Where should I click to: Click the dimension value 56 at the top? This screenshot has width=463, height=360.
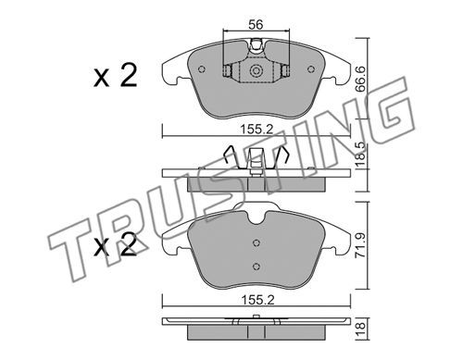(256, 24)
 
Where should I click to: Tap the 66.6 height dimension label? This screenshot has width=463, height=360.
(360, 79)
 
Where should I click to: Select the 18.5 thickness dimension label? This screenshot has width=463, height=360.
(360, 155)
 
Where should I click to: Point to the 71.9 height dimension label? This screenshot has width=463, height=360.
(360, 245)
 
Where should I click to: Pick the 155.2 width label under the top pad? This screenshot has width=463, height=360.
(257, 130)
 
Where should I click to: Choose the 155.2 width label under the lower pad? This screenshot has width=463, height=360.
(257, 300)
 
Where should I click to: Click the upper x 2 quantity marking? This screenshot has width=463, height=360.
(115, 77)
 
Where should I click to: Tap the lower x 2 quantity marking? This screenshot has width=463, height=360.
(115, 245)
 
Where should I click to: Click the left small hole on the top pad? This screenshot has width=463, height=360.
(202, 69)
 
